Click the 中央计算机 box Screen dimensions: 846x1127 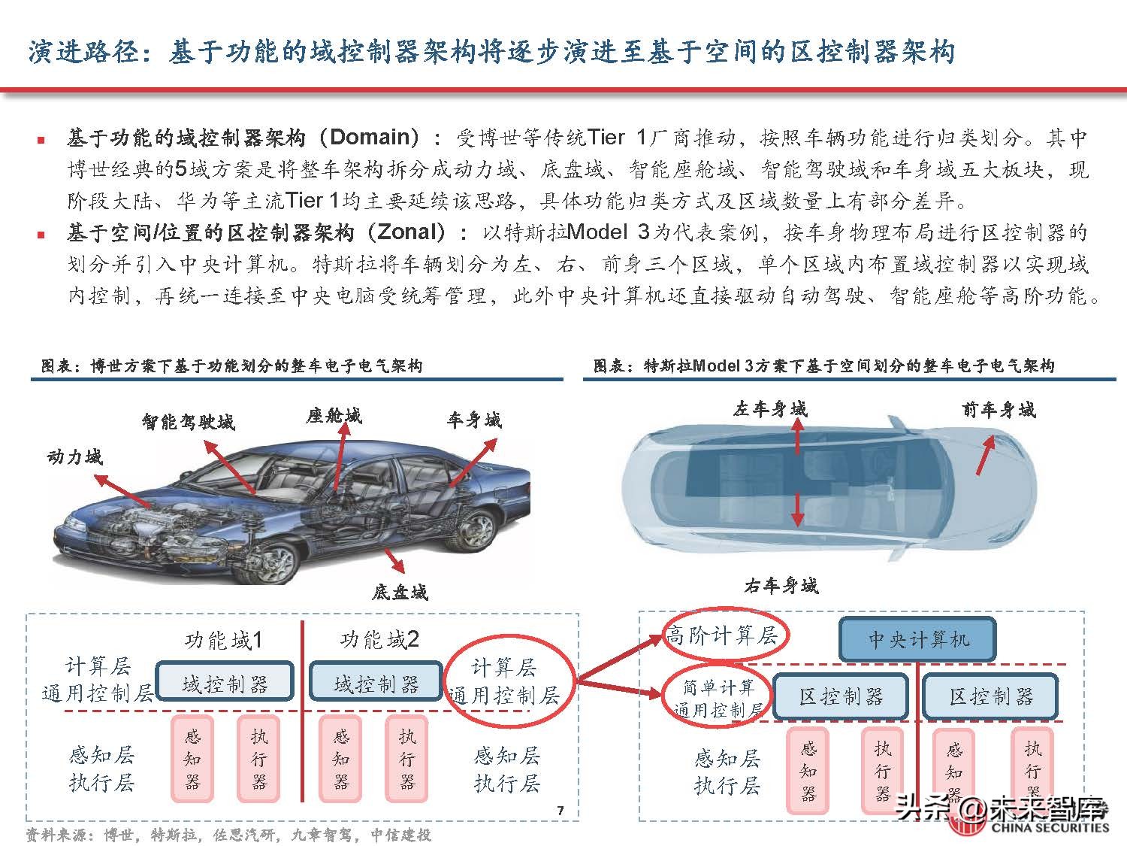917,639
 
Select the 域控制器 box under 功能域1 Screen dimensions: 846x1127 225,684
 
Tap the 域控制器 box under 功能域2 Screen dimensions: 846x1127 376,684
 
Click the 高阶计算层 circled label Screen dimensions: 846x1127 723,636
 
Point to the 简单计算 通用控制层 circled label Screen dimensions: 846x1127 719,698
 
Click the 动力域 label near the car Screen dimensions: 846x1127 74,456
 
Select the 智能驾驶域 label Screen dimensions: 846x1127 188,421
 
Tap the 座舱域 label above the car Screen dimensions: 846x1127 333,416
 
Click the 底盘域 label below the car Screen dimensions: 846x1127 399,593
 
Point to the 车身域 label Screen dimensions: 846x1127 473,420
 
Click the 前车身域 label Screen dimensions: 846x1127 999,410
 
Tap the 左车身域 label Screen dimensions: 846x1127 770,409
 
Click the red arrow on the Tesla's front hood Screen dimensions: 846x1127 985,456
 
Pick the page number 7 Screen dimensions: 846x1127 560,810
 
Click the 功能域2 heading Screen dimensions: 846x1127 379,640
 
